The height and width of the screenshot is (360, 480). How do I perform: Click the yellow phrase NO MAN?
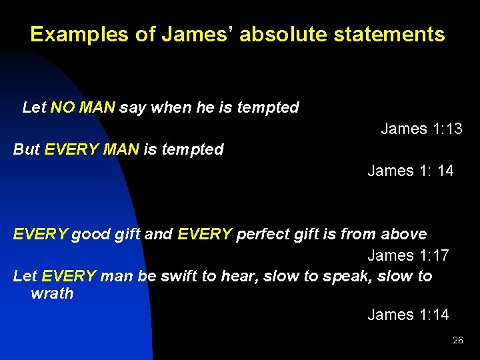click(83, 107)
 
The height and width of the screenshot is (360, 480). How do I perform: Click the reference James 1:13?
click(421, 129)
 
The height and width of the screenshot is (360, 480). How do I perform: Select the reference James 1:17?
click(408, 255)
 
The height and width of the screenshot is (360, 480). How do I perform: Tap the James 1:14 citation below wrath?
click(408, 315)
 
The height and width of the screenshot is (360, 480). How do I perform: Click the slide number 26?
click(457, 340)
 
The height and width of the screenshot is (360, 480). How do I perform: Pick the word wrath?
click(52, 293)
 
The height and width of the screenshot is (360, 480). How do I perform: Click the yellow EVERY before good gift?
click(40, 235)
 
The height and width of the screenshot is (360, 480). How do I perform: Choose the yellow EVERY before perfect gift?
click(205, 235)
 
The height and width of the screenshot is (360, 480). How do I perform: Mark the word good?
click(89, 235)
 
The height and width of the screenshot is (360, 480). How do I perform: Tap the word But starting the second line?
click(27, 149)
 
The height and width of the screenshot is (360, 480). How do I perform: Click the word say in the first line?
click(133, 107)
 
